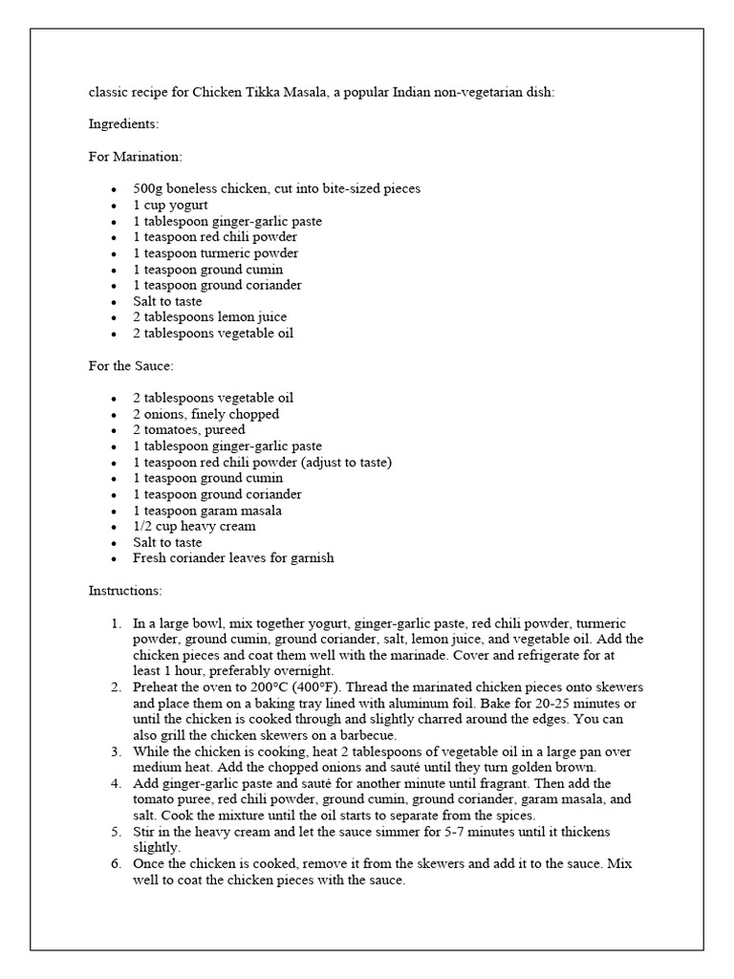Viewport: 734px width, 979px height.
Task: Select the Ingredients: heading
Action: click(123, 124)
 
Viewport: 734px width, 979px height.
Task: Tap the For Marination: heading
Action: click(135, 156)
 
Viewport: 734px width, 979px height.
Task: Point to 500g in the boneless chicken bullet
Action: click(148, 188)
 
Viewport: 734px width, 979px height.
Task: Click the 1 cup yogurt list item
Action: click(170, 205)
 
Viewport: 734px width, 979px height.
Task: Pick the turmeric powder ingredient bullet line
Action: click(215, 252)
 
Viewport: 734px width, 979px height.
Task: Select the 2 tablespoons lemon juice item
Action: click(209, 316)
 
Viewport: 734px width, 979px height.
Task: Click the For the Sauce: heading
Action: click(131, 365)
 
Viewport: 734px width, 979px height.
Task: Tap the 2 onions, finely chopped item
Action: click(205, 414)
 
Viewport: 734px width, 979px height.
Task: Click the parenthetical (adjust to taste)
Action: click(334, 462)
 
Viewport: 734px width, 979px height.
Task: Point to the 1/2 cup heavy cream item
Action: click(194, 526)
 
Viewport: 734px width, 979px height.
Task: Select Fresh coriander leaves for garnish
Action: click(233, 558)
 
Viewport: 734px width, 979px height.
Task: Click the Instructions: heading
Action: click(125, 591)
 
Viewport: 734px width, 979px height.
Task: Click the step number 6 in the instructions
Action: click(115, 864)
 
